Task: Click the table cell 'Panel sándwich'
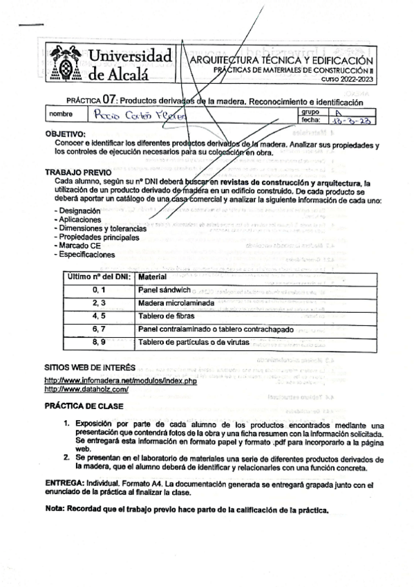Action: pos(166,289)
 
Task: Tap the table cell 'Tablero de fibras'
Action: pos(171,316)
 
